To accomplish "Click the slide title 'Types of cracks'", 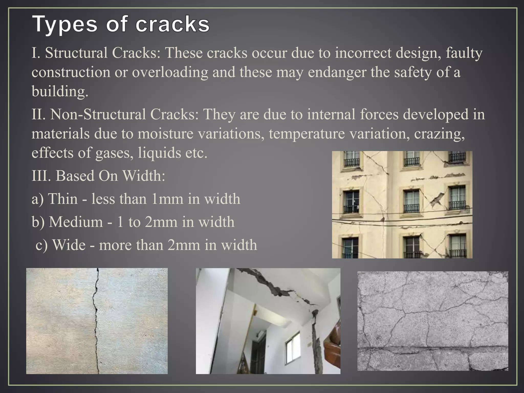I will (121, 25).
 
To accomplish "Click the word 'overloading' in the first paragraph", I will (170, 72).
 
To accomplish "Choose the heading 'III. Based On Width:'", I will (99, 176).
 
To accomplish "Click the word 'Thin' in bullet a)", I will (63, 199).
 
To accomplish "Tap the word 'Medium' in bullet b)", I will (76, 222).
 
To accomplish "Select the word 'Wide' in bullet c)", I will (69, 245).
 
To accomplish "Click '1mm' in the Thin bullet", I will (167, 199).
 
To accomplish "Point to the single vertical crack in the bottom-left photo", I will (96, 320).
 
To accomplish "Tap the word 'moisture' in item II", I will (165, 134).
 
